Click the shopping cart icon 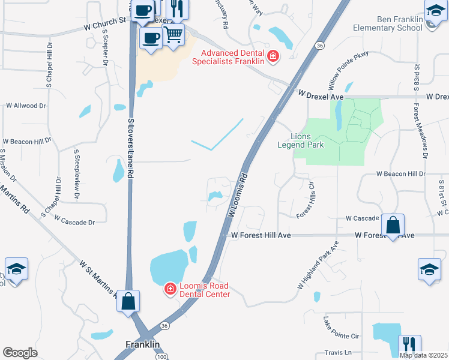click(x=173, y=34)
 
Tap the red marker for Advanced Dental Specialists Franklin click(x=273, y=56)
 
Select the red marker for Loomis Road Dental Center click(x=170, y=290)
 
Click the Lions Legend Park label click(x=301, y=140)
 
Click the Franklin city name click(x=143, y=344)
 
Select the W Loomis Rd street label click(x=238, y=196)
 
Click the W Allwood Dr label click(x=25, y=106)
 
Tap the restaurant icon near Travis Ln click(x=409, y=344)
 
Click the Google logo click(x=20, y=353)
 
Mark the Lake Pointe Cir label click(x=341, y=328)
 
